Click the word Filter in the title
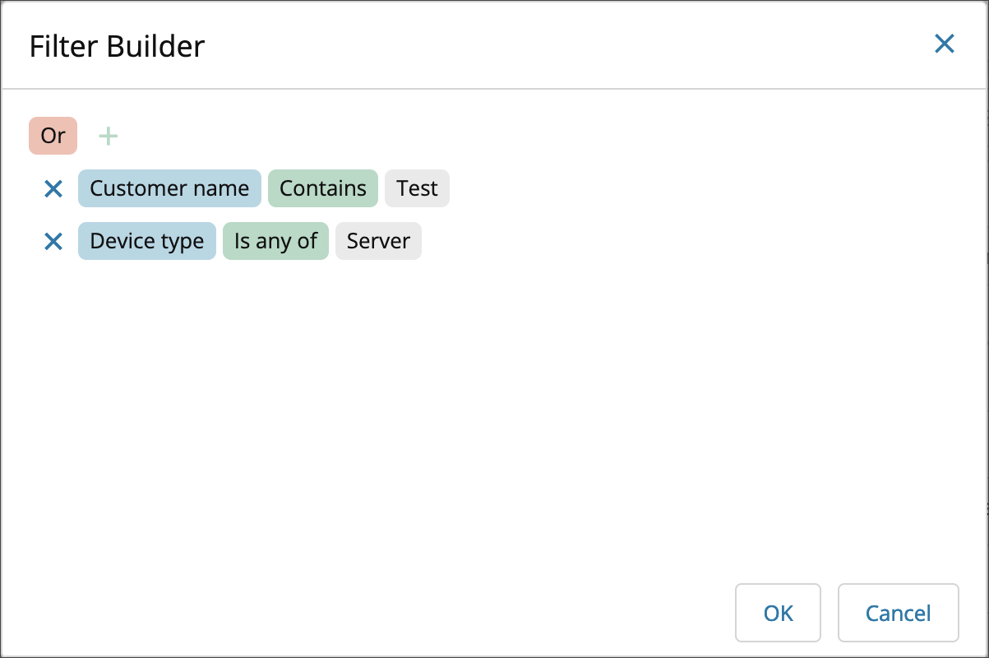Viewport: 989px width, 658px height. (x=63, y=46)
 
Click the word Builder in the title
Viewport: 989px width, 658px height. (x=155, y=46)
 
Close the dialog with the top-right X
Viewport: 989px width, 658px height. (x=945, y=44)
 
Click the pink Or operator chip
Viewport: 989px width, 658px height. (x=53, y=136)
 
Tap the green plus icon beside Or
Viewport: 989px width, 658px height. (x=109, y=136)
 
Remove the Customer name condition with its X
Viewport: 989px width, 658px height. (x=53, y=188)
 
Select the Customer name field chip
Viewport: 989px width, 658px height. (x=169, y=188)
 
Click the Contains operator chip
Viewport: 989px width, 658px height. (x=323, y=188)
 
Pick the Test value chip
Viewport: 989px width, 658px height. (x=417, y=188)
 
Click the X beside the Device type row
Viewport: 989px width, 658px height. (x=53, y=242)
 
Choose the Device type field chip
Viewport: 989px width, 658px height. (x=147, y=241)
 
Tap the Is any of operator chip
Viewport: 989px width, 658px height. (x=275, y=241)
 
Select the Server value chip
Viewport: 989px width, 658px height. (x=378, y=241)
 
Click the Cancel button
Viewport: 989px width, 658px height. (x=899, y=613)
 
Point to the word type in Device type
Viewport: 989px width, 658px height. (x=183, y=242)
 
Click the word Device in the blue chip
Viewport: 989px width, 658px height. (x=122, y=241)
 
